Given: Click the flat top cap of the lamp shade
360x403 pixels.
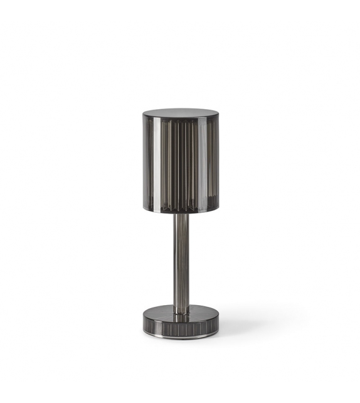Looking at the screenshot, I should [179, 113].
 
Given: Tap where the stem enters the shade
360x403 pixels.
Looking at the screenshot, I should [181, 214].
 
